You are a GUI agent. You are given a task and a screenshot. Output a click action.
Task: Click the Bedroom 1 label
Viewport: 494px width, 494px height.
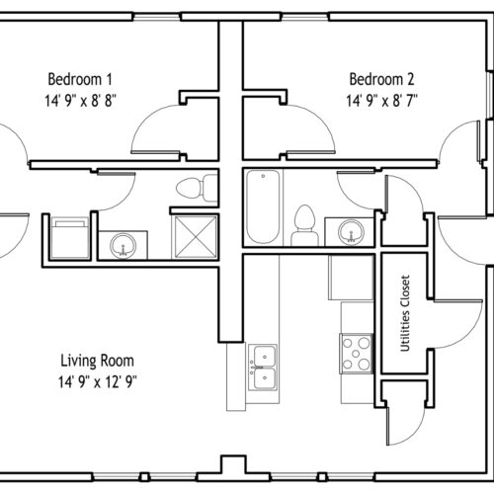80,79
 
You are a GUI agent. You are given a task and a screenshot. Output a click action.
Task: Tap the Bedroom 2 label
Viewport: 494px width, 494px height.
381,79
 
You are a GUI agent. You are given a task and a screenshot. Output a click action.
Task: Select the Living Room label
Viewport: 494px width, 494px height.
97,361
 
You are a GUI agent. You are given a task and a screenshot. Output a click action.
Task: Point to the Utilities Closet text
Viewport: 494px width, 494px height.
405,313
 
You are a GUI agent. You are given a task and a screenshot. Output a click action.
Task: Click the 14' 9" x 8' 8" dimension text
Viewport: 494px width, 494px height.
80,101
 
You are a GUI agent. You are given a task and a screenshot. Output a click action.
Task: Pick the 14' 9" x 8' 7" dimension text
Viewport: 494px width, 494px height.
381,101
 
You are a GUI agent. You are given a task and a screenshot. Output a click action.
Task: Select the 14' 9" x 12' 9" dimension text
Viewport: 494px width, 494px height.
98,382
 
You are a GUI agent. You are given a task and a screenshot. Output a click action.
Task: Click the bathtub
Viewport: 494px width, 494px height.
263,206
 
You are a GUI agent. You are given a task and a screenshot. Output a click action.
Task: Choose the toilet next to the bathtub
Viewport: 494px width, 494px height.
304,225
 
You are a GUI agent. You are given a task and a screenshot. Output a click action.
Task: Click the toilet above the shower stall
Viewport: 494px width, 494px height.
197,188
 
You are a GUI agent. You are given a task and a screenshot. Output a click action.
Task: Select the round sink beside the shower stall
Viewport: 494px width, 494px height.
123,245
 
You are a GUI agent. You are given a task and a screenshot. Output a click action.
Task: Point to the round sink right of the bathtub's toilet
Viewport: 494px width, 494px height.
352,231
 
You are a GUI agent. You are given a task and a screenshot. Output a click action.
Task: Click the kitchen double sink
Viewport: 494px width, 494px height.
263,368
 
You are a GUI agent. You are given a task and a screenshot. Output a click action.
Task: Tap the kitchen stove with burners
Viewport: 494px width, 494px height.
356,354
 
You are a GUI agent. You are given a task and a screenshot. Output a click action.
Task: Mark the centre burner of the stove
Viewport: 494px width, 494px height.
356,354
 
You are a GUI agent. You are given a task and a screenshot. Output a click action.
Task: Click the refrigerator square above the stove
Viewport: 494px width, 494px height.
351,278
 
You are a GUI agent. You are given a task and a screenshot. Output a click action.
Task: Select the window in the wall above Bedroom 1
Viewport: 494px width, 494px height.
157,17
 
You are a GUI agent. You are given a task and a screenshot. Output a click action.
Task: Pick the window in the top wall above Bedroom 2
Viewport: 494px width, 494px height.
305,17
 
